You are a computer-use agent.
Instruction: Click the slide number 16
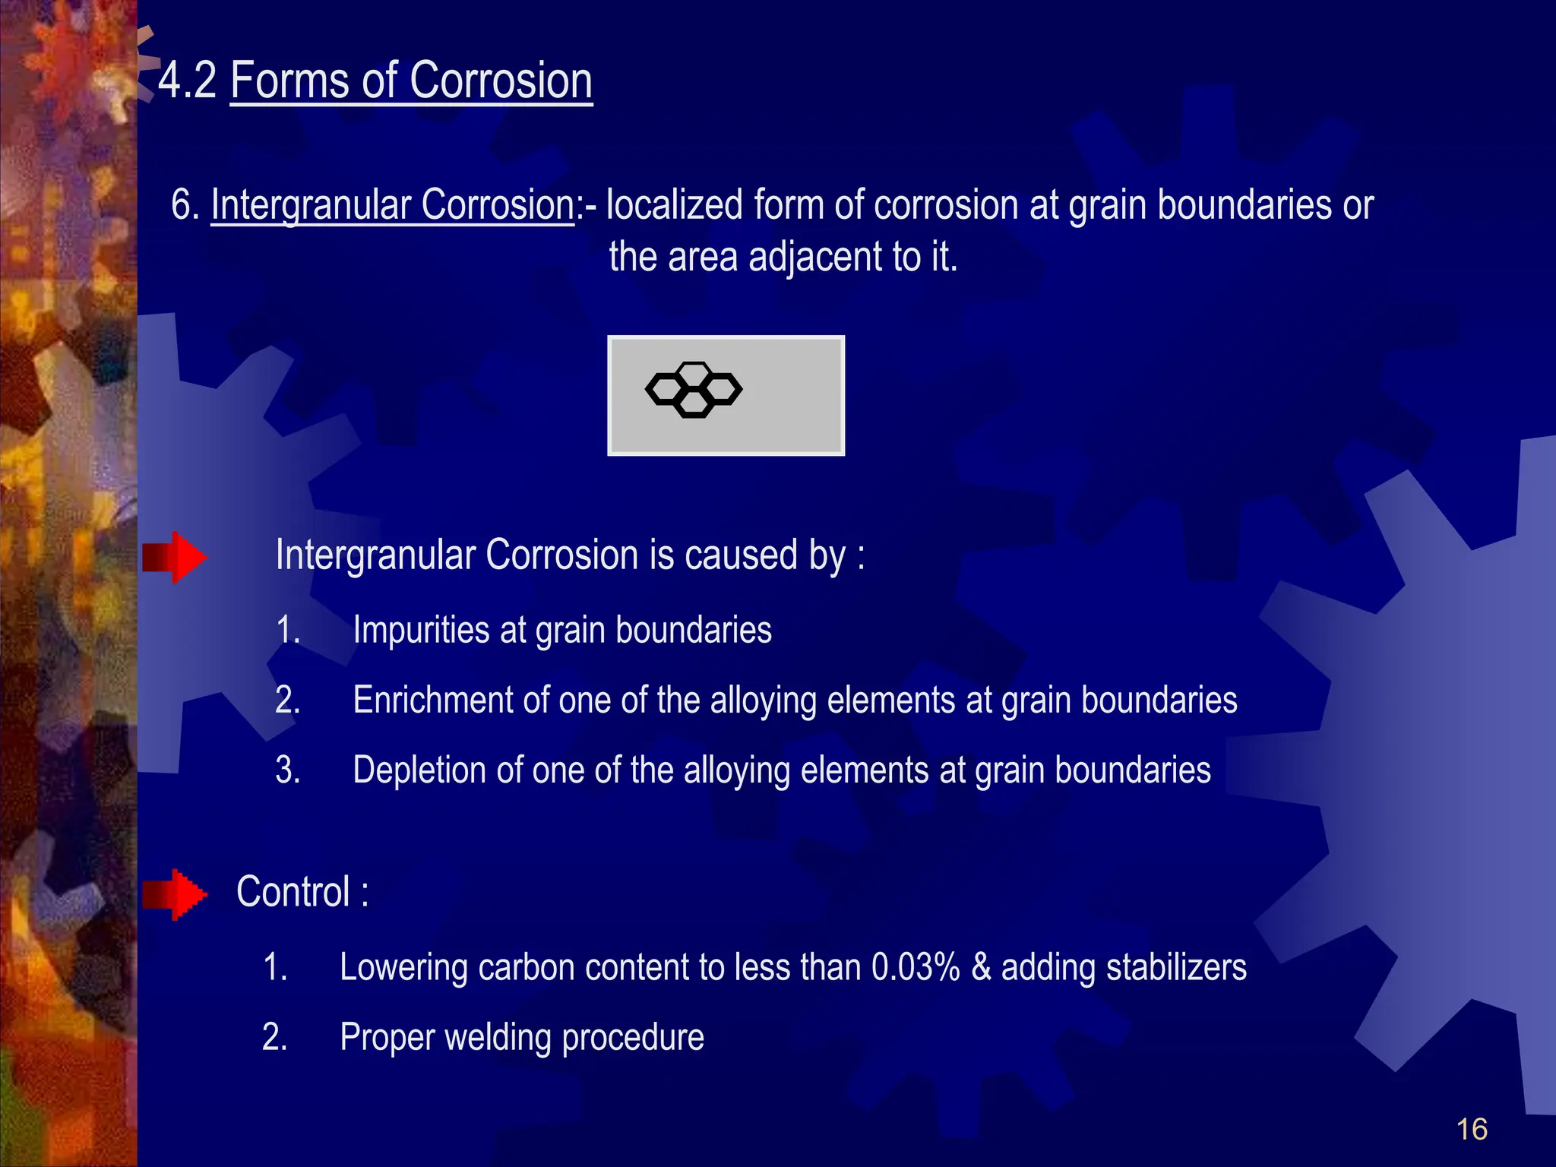pyautogui.click(x=1471, y=1130)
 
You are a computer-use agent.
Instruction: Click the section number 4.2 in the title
pyautogui.click(x=187, y=81)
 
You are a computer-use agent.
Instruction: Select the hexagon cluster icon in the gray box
pyautogui.click(x=693, y=390)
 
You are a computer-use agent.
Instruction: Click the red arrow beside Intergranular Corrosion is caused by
pyautogui.click(x=175, y=558)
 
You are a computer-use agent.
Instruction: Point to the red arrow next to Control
pyautogui.click(x=175, y=894)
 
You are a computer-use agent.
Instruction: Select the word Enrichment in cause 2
pyautogui.click(x=433, y=700)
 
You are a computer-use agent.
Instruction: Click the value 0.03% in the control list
pyautogui.click(x=915, y=968)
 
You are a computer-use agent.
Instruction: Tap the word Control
pyautogui.click(x=293, y=892)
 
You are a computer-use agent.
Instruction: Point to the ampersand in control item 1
pyautogui.click(x=981, y=968)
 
